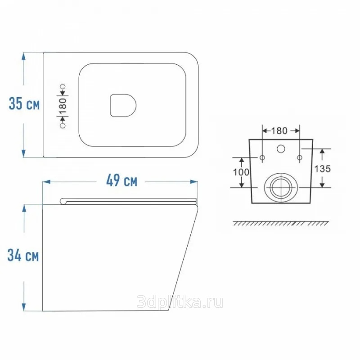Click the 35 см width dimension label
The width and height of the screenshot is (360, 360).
pos(24,103)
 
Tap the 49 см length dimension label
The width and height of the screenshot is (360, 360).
pos(121,180)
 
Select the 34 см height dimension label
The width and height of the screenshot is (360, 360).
pos(23,255)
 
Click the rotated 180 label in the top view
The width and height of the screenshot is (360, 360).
pos(63,106)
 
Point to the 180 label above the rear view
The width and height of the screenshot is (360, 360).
pos(279,130)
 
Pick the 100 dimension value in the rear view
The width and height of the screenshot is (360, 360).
pos(241,172)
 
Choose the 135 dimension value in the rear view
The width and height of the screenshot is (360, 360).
pos(322,169)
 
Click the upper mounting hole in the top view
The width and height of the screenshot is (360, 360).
pos(63,86)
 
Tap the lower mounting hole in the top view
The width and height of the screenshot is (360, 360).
pos(63,126)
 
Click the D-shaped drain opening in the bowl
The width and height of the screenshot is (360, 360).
pos(123,105)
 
